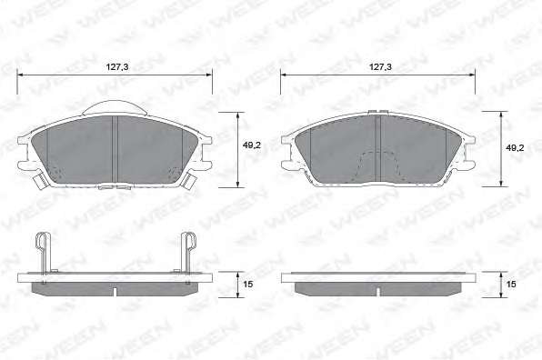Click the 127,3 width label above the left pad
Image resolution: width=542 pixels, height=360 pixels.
click(116, 67)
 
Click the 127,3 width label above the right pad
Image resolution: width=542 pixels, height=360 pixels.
click(380, 67)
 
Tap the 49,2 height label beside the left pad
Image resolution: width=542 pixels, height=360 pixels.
click(252, 145)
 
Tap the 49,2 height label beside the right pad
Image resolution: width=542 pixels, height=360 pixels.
click(515, 148)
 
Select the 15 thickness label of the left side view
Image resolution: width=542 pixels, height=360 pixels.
click(248, 284)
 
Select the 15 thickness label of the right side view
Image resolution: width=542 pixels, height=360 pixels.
click(511, 284)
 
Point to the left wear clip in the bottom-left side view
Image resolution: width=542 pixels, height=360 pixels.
click(42, 253)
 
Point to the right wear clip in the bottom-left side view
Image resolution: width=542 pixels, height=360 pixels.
click(189, 253)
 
